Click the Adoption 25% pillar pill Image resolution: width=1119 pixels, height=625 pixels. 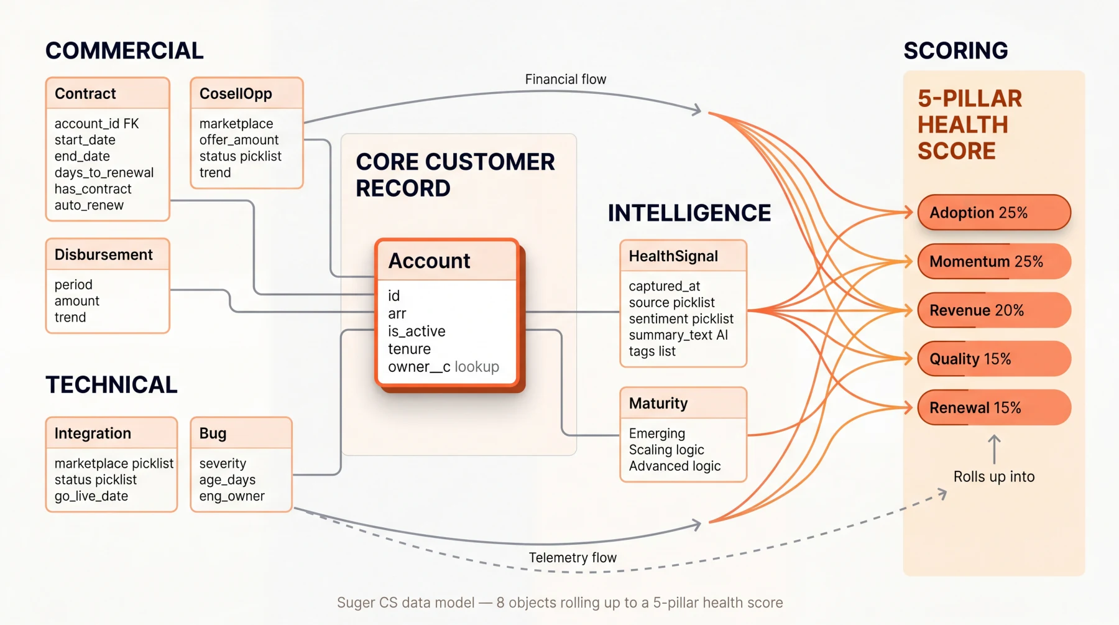point(993,213)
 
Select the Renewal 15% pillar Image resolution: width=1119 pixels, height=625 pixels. point(993,408)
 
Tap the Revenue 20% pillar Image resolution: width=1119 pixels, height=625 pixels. point(993,310)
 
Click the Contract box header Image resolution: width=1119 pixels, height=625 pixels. point(108,94)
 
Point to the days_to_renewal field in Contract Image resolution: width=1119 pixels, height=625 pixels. point(104,173)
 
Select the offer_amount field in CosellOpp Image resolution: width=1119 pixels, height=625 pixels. point(239,140)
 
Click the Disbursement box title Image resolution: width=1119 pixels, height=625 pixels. point(104,255)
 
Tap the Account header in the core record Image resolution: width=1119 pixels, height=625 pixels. point(430,261)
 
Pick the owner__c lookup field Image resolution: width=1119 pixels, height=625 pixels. point(443,367)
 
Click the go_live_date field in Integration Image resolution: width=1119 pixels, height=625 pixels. point(91,496)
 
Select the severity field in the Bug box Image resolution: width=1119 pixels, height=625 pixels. point(223,464)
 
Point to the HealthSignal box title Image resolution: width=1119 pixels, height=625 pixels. point(673,256)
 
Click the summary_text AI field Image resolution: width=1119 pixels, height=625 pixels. point(678,335)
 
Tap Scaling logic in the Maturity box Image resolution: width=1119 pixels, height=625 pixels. point(666,450)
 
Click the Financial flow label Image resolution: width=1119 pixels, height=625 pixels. point(565,80)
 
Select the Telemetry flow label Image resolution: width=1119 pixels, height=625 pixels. point(573,558)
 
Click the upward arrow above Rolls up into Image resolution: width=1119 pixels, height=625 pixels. point(994,449)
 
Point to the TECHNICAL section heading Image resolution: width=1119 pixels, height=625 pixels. point(112,385)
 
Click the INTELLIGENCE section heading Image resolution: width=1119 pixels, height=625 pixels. point(689,213)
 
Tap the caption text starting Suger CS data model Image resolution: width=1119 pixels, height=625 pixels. point(559,603)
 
